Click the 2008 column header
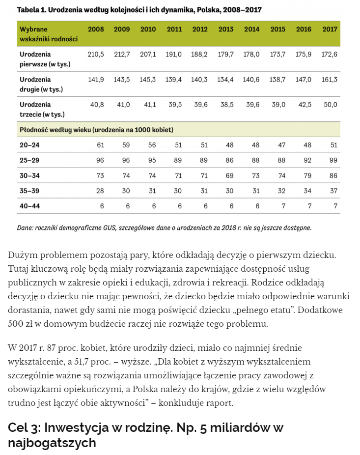pyautogui.click(x=96, y=29)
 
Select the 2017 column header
pyautogui.click(x=330, y=29)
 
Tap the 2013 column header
pyautogui.click(x=226, y=29)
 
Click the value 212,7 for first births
pyautogui.click(x=122, y=55)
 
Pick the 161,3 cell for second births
pyautogui.click(x=330, y=80)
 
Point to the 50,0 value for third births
pyautogui.click(x=331, y=105)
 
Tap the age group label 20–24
pyautogui.click(x=29, y=145)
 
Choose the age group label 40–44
pyautogui.click(x=29, y=206)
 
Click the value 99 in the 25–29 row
pyautogui.click(x=334, y=160)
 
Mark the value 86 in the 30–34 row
pyautogui.click(x=334, y=175)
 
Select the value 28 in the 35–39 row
pyautogui.click(x=100, y=191)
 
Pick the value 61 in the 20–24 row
pyautogui.click(x=100, y=145)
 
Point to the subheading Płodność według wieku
pyautogui.click(x=96, y=130)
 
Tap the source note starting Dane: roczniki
pyautogui.click(x=164, y=227)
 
